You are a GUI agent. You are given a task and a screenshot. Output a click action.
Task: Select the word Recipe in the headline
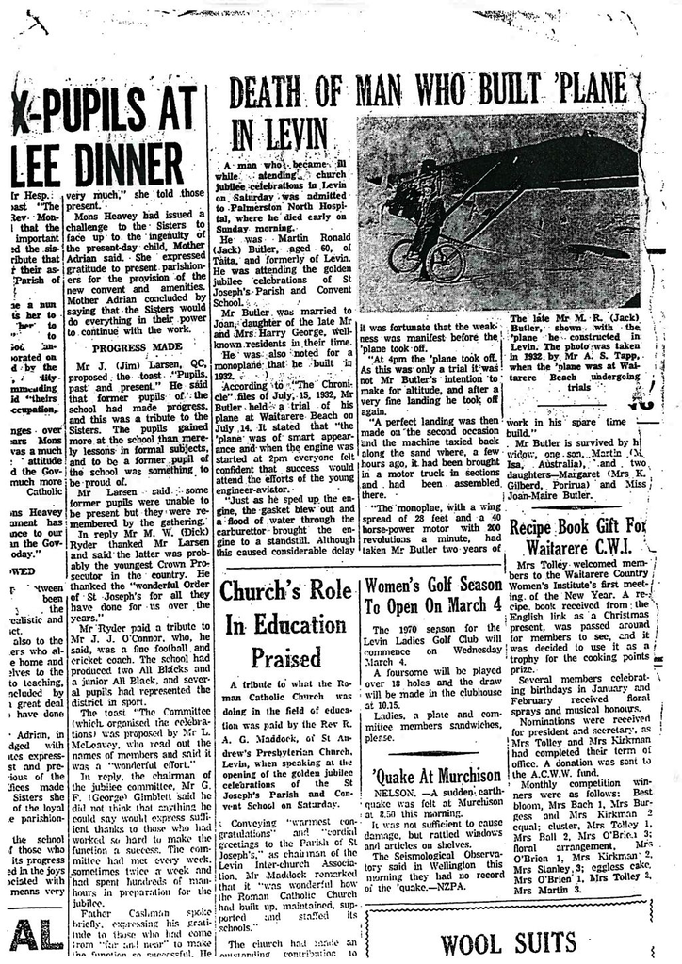(x=538, y=527)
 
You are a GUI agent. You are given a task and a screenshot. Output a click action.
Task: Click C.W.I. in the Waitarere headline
(x=620, y=548)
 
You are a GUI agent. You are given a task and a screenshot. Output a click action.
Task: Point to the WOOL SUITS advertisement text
(x=508, y=941)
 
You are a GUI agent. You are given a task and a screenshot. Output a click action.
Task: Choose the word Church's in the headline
(x=265, y=592)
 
